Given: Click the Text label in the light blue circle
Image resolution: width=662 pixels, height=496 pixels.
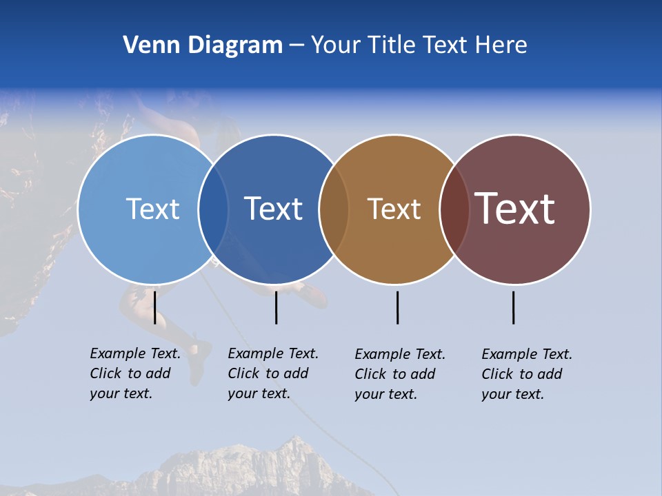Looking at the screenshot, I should click(x=152, y=209).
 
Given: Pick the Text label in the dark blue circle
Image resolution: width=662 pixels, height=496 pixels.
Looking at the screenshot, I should click(x=273, y=209).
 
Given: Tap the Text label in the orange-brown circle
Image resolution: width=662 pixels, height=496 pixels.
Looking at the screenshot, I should click(x=394, y=209).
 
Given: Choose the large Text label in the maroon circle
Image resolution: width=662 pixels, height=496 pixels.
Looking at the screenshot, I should click(x=515, y=209).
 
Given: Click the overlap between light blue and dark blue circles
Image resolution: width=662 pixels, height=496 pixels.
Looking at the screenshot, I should click(x=213, y=209).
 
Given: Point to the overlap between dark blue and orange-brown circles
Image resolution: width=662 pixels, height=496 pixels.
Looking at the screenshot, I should click(x=334, y=209).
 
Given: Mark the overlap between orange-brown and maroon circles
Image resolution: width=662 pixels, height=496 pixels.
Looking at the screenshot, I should click(x=454, y=209).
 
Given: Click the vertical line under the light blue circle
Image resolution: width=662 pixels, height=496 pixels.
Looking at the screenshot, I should click(x=155, y=307).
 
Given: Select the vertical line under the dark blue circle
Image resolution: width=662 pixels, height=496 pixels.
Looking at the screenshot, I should click(x=276, y=307).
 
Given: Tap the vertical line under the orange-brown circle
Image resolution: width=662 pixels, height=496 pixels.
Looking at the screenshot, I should click(x=397, y=307).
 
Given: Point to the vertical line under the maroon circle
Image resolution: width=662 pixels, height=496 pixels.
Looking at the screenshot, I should click(x=513, y=307).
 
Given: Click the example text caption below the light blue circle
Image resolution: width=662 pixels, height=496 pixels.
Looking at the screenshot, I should click(x=134, y=373).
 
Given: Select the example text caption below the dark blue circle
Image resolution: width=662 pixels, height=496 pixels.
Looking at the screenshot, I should click(x=272, y=373).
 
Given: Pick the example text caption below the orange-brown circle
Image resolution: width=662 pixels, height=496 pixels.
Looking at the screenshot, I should click(x=399, y=374).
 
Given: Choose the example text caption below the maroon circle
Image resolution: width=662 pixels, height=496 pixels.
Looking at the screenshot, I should click(x=526, y=374).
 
